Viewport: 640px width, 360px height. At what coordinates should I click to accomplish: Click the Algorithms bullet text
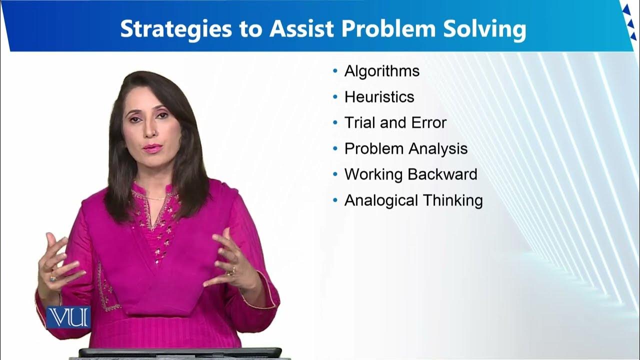point(382,71)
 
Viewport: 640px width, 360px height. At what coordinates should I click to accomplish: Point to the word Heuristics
point(379,96)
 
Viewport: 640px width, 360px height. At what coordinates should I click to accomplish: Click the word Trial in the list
point(360,122)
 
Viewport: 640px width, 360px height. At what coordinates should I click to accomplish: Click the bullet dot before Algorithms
point(335,71)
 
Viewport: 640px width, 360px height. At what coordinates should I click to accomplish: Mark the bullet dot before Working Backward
point(335,174)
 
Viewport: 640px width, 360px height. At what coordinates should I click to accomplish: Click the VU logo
point(68,317)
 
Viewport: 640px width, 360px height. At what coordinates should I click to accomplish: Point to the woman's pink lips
point(152,148)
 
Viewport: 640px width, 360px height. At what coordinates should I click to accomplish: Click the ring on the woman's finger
point(231,271)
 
